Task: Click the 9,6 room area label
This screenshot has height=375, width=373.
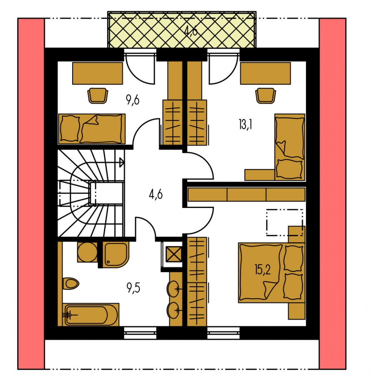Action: (132, 100)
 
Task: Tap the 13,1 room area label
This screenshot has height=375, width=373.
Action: (245, 124)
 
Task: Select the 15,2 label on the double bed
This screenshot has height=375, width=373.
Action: (262, 270)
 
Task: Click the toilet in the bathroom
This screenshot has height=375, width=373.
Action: (71, 284)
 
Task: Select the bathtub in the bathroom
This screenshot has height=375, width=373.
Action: (91, 315)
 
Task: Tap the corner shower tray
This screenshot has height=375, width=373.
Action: (116, 255)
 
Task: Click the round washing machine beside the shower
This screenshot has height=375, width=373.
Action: (87, 252)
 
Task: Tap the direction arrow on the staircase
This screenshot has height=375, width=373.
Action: (121, 162)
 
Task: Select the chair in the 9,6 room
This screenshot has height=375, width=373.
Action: (98, 96)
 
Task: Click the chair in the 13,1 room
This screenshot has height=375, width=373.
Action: (265, 96)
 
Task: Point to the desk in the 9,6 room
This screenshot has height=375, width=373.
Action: (98, 73)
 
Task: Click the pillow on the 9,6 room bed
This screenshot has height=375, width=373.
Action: (70, 129)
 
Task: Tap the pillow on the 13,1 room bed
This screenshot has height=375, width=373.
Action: (289, 169)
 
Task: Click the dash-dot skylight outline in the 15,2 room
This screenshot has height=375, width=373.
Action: (285, 222)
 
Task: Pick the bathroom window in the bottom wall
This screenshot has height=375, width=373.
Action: (140, 332)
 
